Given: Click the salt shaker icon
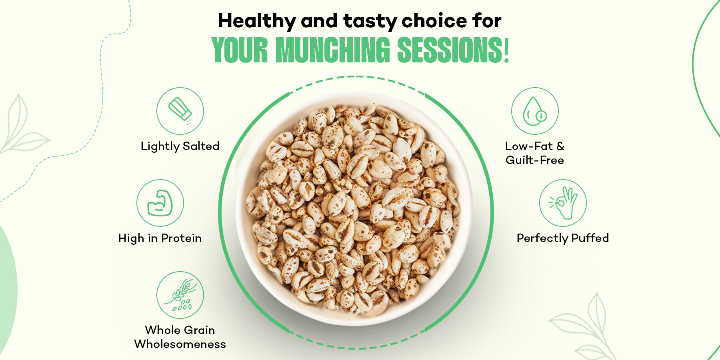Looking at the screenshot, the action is (180, 111).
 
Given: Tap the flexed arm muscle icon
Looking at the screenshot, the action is (160, 203).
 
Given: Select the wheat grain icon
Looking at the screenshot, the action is (180, 295).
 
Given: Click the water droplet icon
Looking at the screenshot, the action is (535, 111).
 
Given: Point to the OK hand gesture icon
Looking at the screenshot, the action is (563, 203).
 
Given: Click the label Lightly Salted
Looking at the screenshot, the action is (180, 146).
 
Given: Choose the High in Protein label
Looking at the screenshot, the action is (160, 238).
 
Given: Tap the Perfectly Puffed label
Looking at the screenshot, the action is (563, 238).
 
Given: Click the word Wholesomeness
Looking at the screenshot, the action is (180, 344).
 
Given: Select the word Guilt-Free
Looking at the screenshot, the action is (535, 160).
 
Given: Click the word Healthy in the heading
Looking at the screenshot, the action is (257, 21).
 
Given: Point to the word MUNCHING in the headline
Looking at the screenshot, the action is (333, 50).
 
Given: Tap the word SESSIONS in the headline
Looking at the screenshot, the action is (450, 50).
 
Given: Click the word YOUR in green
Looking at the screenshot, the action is (240, 50).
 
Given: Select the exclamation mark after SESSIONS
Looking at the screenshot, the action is (506, 50).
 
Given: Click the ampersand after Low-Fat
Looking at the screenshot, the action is (560, 146).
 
